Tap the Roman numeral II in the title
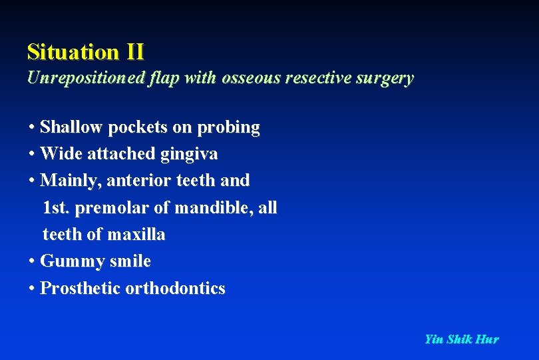(x=134, y=51)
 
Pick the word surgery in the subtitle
(x=385, y=78)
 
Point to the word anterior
(x=126, y=181)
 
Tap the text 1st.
(x=57, y=208)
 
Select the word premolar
(x=112, y=208)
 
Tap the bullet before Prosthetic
(x=32, y=289)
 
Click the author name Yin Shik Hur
(x=461, y=339)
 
